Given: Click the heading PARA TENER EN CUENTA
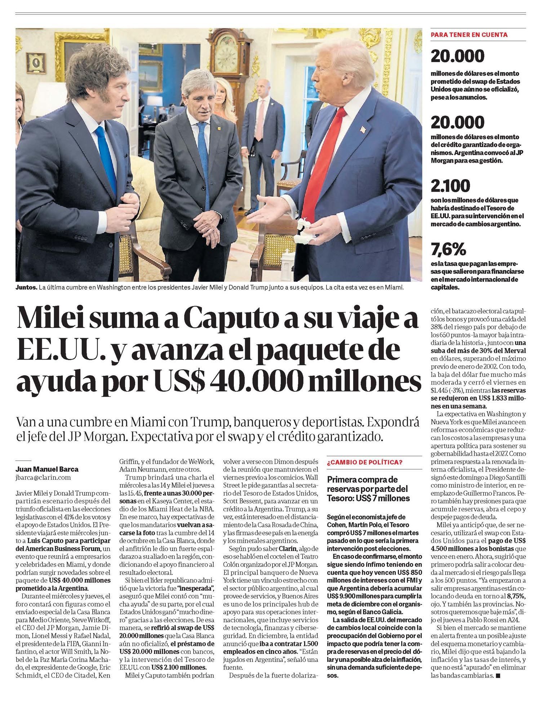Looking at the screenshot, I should pos(469,35).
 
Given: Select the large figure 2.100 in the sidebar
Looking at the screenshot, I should pos(450,186).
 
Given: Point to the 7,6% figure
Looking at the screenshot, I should pos(448,249).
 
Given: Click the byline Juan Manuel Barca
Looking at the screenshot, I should pos(47,469).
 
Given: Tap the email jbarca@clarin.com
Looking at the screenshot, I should pos(44,478).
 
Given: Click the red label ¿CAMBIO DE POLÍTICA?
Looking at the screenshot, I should pos(364,462).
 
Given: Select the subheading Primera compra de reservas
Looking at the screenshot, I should pos(368,489).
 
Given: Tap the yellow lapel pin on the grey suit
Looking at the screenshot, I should pos(219,128).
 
